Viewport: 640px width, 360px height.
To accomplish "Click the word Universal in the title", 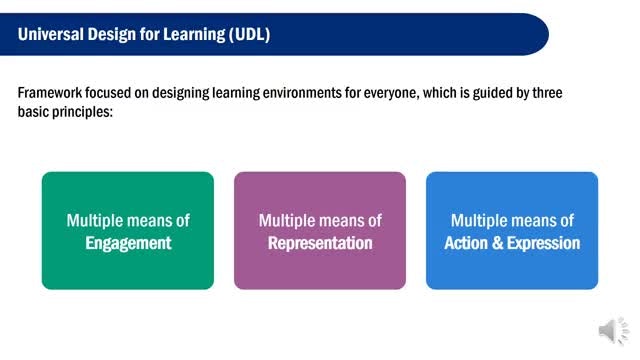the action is point(51,34).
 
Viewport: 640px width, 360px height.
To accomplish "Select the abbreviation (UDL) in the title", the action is point(249,35).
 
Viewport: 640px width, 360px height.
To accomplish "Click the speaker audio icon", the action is point(614,330).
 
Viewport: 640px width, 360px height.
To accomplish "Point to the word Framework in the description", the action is point(50,93).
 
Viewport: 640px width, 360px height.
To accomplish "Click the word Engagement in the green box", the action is point(128,244).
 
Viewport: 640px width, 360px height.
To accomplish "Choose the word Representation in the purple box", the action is point(320,243).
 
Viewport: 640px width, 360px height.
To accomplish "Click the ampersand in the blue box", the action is point(498,243).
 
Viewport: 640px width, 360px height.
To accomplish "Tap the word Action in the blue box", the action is point(466,243).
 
